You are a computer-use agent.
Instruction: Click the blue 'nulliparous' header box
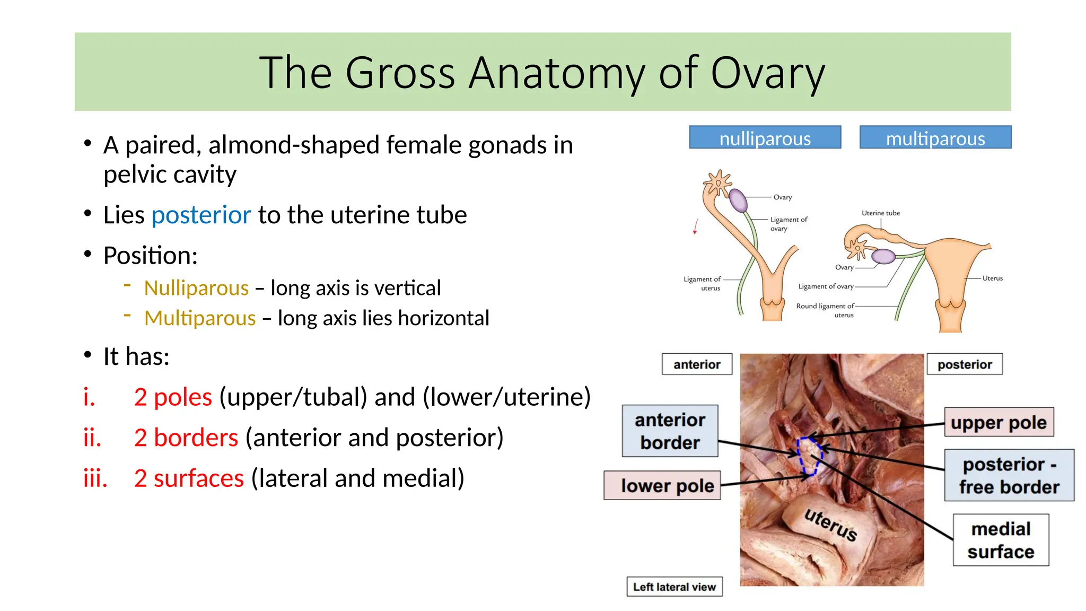coord(765,138)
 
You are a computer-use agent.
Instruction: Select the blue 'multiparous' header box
coord(935,138)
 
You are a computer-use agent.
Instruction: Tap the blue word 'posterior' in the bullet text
coord(201,215)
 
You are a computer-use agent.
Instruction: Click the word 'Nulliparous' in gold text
coord(196,288)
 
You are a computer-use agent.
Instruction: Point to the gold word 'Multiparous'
coord(200,318)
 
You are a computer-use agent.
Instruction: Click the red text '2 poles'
coord(173,397)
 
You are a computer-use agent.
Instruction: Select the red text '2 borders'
coord(186,438)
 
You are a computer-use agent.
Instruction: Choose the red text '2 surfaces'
coord(189,478)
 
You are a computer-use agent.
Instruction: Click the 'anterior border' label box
coord(670,431)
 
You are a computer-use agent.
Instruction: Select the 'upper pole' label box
coord(999,423)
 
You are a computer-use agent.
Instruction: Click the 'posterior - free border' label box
coord(1009,475)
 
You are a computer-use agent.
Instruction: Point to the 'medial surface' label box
coord(1001,540)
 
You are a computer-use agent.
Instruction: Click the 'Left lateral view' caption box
coord(674,587)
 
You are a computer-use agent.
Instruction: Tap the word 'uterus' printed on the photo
coord(830,525)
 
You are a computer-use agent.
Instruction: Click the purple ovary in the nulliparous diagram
coord(738,200)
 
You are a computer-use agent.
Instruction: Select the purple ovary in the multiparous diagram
coord(883,257)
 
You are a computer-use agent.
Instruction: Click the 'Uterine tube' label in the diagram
coord(880,213)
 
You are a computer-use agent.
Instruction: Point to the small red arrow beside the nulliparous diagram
coord(695,226)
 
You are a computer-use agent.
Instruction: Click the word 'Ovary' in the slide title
coord(767,73)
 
